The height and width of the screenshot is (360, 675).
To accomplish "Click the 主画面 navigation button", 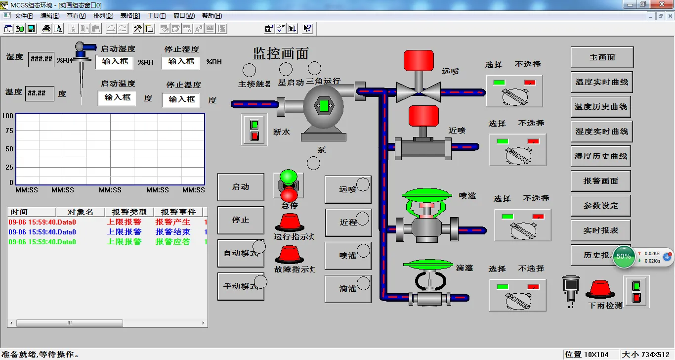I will coord(602,57).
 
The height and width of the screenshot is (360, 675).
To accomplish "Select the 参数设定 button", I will coord(601,206).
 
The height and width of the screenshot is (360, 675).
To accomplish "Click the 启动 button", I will coord(241,187).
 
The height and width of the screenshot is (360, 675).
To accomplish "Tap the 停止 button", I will coord(241,220).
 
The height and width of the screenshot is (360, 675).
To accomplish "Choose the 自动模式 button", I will coord(241,253).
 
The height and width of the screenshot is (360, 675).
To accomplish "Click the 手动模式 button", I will coord(241,286).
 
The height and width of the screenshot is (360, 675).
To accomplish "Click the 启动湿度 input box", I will coord(115,62).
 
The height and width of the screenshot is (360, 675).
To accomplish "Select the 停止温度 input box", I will coord(181,99).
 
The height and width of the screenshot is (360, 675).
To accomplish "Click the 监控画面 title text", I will coord(281,53).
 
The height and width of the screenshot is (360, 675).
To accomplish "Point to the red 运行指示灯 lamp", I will coord(289,223).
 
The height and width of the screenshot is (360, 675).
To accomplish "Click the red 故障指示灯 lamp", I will coord(289,255).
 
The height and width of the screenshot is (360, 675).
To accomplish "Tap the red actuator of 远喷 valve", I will coord(419,60).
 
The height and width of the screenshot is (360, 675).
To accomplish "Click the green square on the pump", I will coord(324,105).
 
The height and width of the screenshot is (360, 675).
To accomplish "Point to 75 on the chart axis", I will coord(9,131).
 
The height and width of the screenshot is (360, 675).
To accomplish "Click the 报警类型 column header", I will coord(129,212).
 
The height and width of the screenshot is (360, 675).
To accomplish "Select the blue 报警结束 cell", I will coord(173,232).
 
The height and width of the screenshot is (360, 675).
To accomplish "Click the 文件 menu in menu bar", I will coord(24,16).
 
